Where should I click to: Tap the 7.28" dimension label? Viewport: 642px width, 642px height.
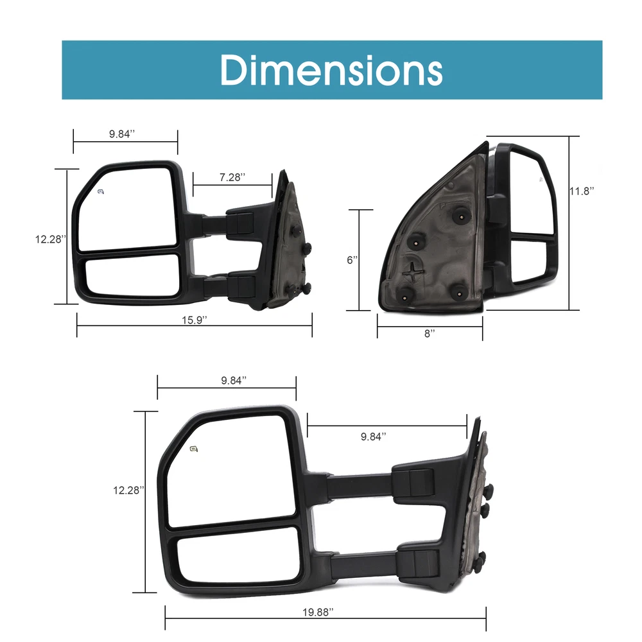pyautogui.click(x=232, y=177)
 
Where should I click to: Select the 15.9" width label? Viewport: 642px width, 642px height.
pyautogui.click(x=195, y=320)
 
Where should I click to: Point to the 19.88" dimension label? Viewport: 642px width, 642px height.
pyautogui.click(x=318, y=612)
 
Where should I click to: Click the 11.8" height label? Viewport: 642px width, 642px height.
pyautogui.click(x=582, y=191)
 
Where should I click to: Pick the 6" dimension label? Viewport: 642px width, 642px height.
pyautogui.click(x=352, y=260)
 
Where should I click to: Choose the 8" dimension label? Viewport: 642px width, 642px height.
pyautogui.click(x=429, y=334)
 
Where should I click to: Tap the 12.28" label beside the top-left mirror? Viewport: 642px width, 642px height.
pyautogui.click(x=51, y=239)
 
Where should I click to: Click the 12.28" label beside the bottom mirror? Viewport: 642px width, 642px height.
pyautogui.click(x=128, y=490)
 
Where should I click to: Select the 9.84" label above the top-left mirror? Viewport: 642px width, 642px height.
pyautogui.click(x=122, y=134)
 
